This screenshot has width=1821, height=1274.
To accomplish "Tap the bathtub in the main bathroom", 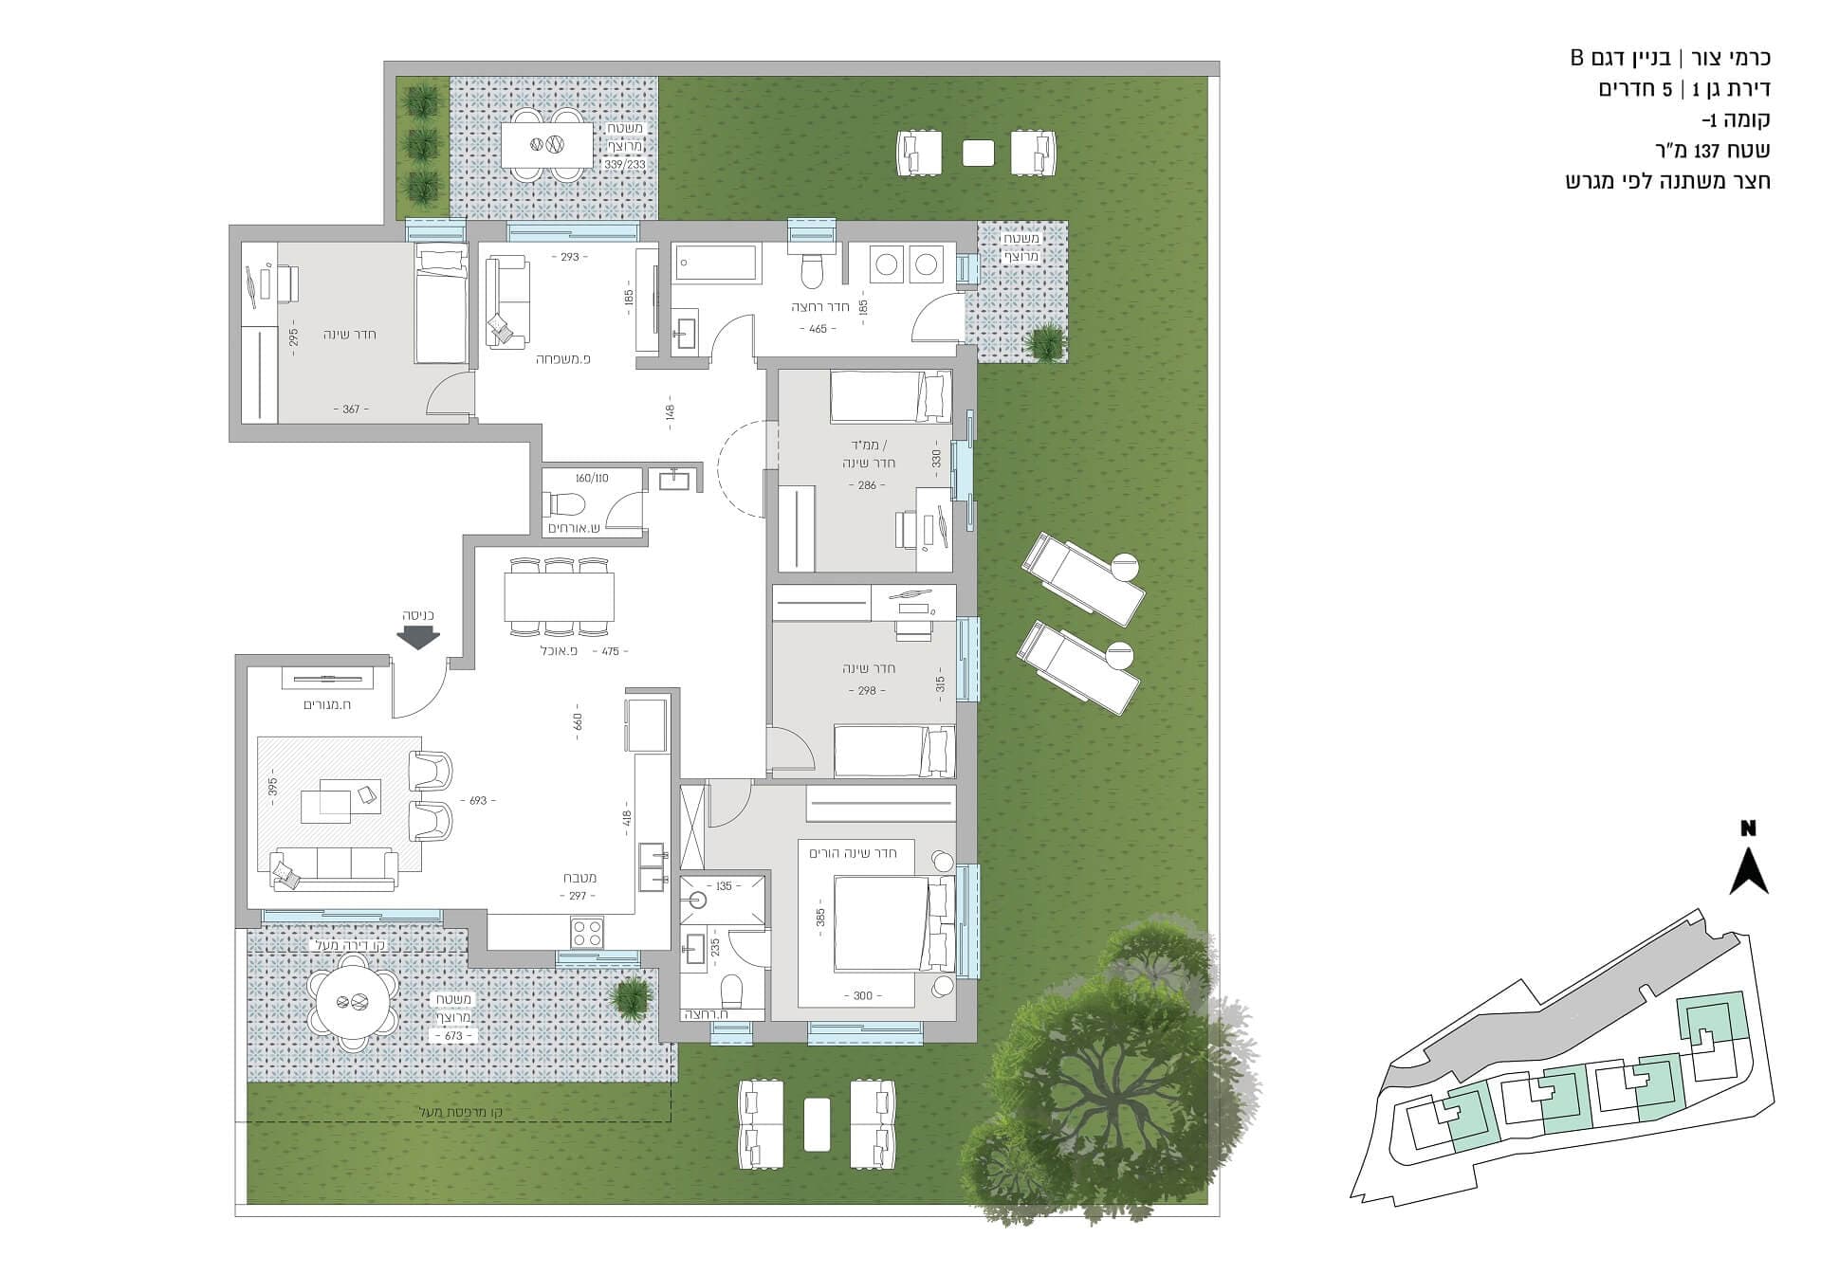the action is click(716, 263).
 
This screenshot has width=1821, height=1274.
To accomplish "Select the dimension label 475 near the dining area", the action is click(610, 652).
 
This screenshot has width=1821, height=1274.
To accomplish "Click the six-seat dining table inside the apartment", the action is click(559, 596).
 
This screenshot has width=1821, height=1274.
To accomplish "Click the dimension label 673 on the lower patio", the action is click(453, 1036).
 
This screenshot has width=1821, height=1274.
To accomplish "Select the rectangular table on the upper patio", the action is click(545, 145).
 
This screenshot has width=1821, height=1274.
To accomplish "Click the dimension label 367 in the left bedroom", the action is click(351, 409).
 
